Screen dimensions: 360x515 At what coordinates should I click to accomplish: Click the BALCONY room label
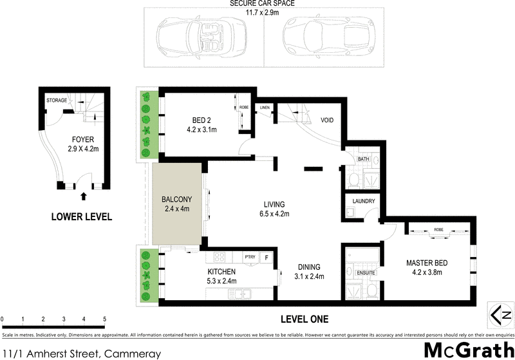(x=175, y=199)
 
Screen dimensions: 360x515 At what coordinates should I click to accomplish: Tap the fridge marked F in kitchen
(x=268, y=258)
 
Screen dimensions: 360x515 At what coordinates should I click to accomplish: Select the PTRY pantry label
(x=250, y=258)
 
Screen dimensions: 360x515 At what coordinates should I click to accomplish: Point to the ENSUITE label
(x=366, y=273)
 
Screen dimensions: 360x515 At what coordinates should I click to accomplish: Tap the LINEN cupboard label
(x=264, y=108)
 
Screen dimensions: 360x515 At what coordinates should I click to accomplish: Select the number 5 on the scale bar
(x=104, y=319)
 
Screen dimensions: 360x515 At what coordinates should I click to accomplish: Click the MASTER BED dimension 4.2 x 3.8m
(x=427, y=274)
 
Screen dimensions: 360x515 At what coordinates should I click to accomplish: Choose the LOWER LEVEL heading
(x=82, y=217)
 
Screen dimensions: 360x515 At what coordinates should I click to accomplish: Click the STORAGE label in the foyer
(x=57, y=101)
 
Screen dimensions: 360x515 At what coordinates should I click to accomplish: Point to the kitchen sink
(x=242, y=295)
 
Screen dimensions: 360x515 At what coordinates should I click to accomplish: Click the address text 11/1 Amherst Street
(x=51, y=352)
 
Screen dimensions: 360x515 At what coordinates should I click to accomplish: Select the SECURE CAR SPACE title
(x=263, y=4)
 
